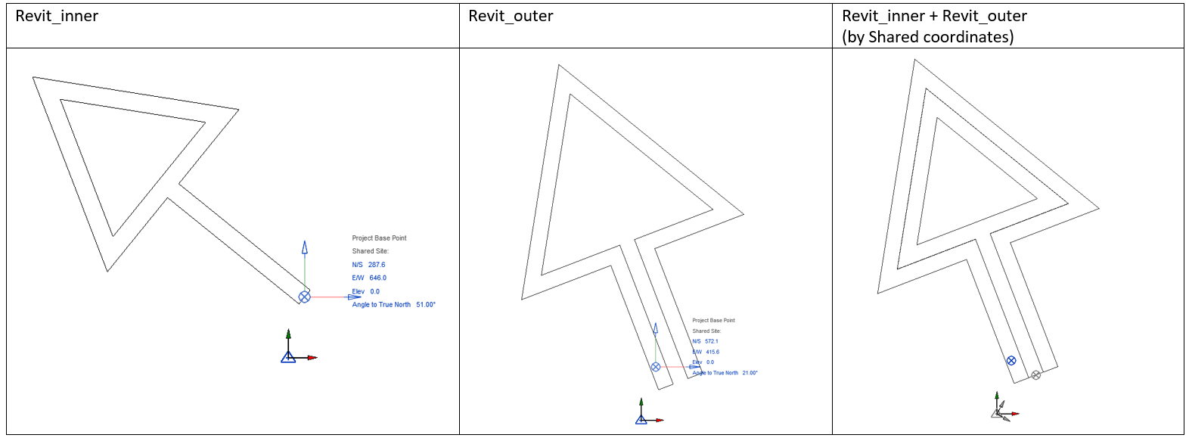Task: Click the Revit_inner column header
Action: click(x=57, y=16)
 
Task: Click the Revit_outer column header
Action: click(x=511, y=16)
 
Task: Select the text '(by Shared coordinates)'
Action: click(x=928, y=36)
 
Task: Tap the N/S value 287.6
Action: click(x=377, y=265)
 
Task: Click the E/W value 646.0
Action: click(x=377, y=278)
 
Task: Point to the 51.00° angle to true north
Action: click(x=426, y=305)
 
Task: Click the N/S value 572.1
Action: click(x=712, y=341)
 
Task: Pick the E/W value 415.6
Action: click(x=712, y=352)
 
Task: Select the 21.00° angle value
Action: click(x=750, y=373)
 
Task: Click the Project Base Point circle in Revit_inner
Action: click(x=304, y=297)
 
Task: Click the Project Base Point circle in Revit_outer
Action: click(x=656, y=367)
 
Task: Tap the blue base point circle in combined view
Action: click(x=1011, y=361)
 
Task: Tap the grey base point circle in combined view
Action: click(x=1036, y=374)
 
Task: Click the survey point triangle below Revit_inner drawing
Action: click(x=288, y=357)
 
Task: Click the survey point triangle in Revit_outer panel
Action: click(x=641, y=419)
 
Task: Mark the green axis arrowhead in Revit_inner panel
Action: click(x=288, y=332)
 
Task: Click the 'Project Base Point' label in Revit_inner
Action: click(x=379, y=238)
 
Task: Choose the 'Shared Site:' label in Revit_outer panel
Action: click(x=706, y=331)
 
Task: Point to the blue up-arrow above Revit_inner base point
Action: click(x=305, y=247)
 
